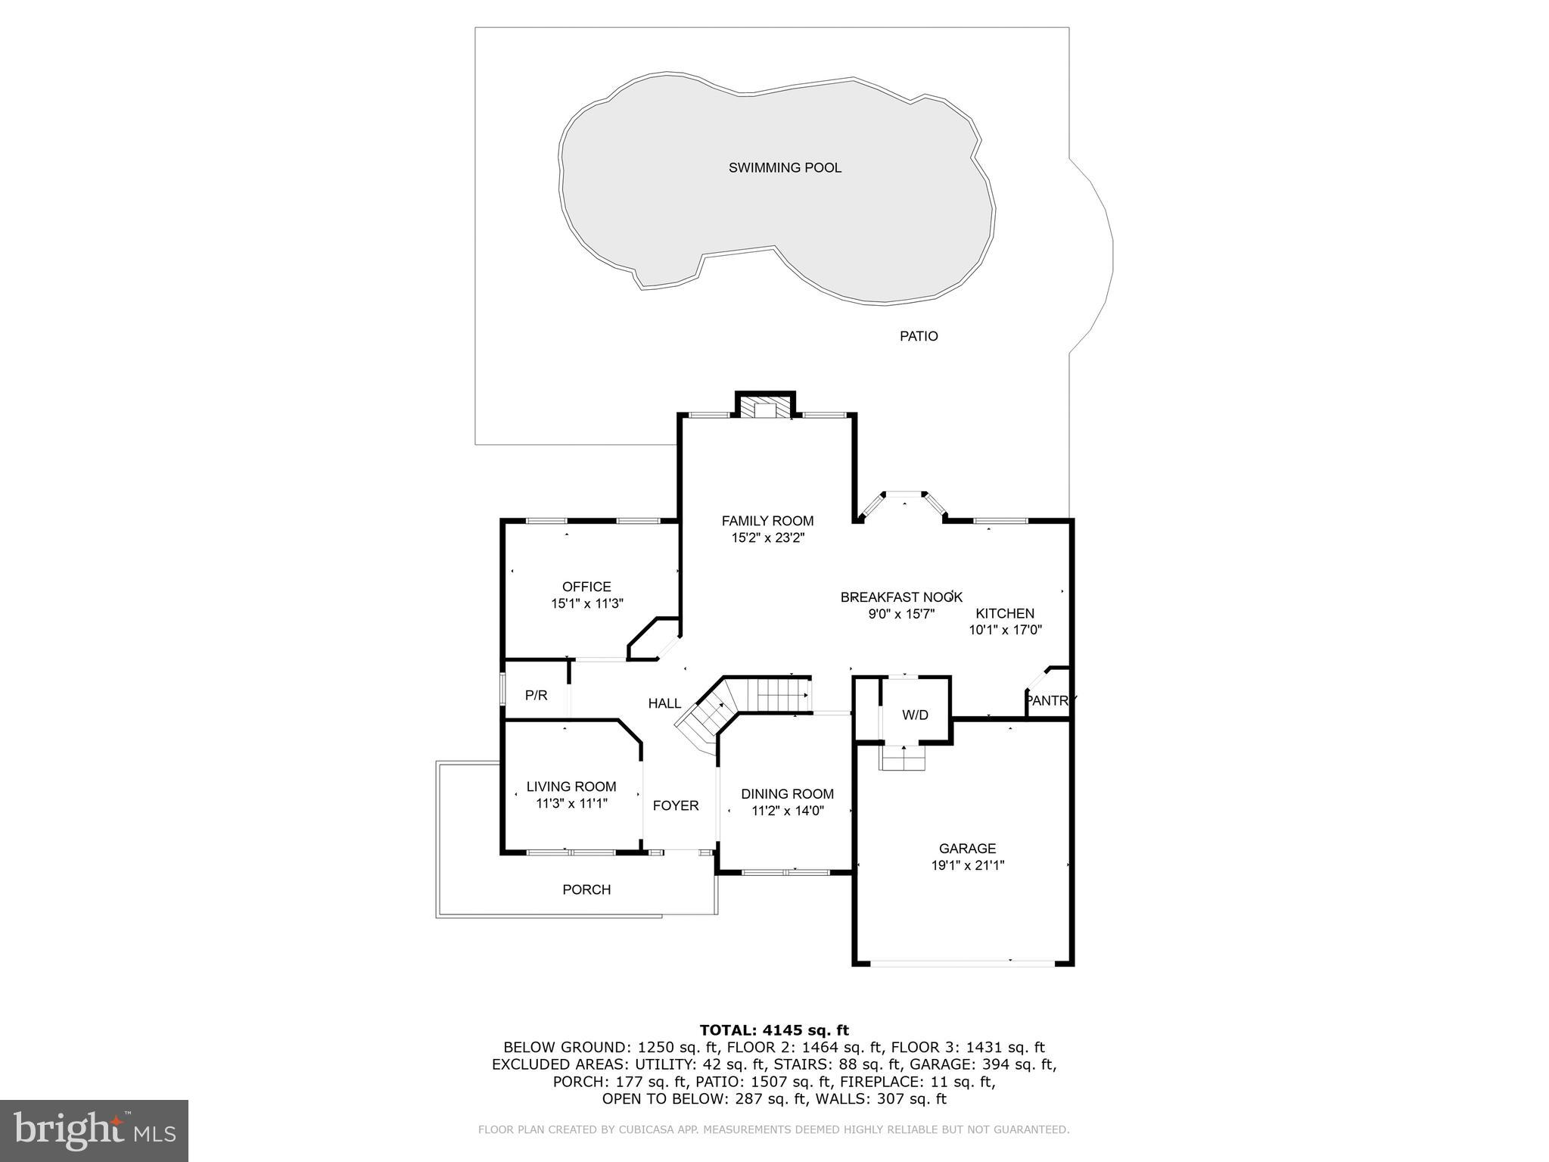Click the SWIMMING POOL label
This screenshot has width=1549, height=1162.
785,168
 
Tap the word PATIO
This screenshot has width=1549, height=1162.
919,336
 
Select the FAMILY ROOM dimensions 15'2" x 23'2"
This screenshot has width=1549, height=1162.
767,538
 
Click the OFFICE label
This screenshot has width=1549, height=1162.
586,587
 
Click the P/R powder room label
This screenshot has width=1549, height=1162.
536,695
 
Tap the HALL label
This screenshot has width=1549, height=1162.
664,703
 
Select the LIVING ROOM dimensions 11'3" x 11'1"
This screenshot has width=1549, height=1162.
571,803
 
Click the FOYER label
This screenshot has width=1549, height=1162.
676,805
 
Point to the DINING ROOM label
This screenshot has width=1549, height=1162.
787,794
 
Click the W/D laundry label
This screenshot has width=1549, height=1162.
915,715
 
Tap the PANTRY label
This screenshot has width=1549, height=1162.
1050,701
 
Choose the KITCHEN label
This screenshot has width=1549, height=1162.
1005,613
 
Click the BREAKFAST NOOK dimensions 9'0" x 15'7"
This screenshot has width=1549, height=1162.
901,614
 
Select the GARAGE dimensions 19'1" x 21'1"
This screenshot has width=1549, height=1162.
967,865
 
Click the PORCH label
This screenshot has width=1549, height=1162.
586,889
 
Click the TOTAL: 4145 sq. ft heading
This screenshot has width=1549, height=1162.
774,1030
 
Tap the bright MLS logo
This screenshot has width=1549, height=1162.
94,1129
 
